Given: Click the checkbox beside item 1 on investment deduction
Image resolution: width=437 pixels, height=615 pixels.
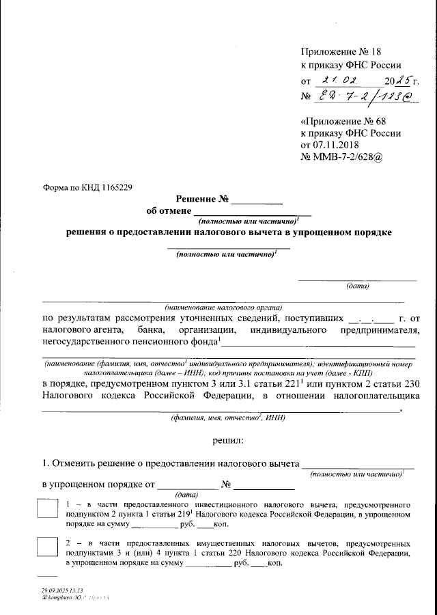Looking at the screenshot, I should (46, 510).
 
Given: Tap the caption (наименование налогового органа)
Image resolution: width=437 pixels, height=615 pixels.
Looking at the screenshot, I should (223, 307).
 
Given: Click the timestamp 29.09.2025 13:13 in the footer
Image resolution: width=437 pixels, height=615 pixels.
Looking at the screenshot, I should (61, 590).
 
